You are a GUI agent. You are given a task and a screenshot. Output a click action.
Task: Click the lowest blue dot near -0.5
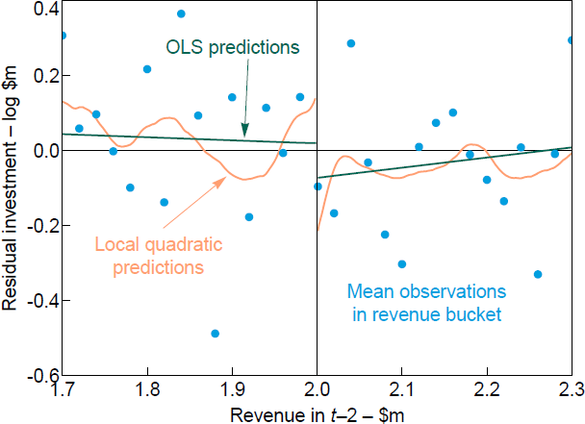point(215,334)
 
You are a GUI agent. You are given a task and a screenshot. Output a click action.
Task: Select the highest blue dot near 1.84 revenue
point(181,13)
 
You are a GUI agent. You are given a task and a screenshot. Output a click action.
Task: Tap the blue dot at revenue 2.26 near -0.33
point(538,274)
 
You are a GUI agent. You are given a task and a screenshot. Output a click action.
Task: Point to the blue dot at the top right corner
point(571,40)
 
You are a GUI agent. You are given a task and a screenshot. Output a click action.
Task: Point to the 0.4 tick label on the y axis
point(44,9)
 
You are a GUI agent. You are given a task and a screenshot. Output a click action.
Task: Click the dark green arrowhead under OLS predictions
point(244,132)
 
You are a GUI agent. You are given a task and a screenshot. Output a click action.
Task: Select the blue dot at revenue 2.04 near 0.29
point(351,43)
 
